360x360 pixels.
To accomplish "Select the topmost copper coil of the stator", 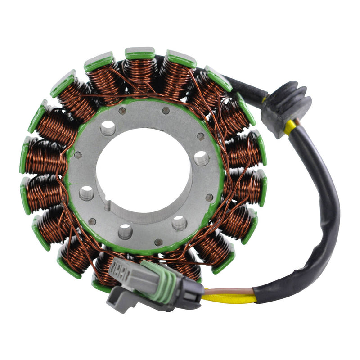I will [140, 72].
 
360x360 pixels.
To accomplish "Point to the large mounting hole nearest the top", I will [108, 128].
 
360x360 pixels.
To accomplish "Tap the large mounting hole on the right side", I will [201, 158].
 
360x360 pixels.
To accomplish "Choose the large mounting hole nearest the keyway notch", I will [86, 193].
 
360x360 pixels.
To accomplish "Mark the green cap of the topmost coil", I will [140, 54].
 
